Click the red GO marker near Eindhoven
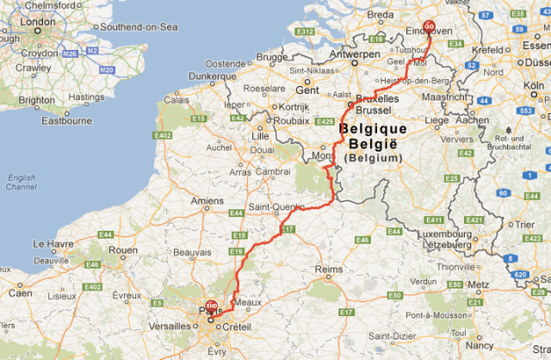tap(430, 26)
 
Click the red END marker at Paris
tap(210, 304)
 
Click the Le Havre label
tap(51, 244)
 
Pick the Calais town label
tap(177, 99)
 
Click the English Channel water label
tap(21, 182)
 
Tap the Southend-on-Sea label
tap(139, 27)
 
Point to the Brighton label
tap(35, 100)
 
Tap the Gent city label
tap(307, 90)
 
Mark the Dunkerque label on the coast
tap(211, 76)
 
